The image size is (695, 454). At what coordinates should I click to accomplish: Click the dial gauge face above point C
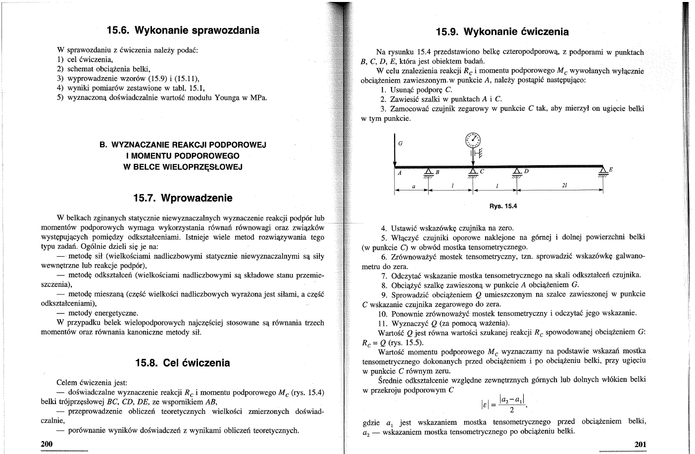tap(473, 140)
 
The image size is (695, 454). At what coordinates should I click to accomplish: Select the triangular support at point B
tap(428, 172)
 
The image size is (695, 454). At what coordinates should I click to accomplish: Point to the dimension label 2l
tap(564, 185)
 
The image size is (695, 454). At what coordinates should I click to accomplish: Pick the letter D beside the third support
tap(527, 172)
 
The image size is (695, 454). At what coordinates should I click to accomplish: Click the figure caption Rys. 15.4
tap(502, 206)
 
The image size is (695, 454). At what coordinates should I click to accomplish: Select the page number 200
tap(46, 444)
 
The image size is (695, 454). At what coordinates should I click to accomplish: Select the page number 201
tap(640, 445)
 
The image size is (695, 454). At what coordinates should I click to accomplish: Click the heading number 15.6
tap(118, 30)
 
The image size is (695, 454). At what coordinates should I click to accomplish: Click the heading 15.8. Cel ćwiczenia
tap(183, 363)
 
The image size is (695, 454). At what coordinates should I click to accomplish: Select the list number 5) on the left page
tap(60, 97)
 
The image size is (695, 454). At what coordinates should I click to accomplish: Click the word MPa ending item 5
tap(259, 97)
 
